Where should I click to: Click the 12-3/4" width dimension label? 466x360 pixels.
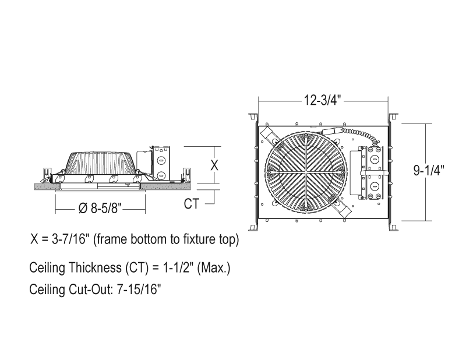tap(322, 100)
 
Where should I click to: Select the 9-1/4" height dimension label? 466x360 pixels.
tap(429, 170)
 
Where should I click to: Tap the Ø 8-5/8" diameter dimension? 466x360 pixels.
tap(100, 208)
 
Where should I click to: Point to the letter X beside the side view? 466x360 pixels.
tap(214, 165)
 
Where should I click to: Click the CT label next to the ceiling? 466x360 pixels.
tap(192, 204)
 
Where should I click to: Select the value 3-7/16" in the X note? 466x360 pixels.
tap(70, 239)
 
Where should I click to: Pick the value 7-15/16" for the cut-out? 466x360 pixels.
tap(139, 289)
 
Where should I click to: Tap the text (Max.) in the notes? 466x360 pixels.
tap(214, 268)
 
